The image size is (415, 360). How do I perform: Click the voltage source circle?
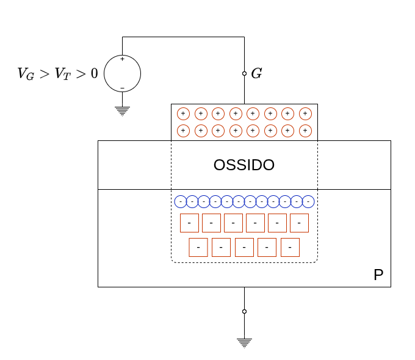[122, 73]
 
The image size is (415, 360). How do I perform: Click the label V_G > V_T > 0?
[57, 74]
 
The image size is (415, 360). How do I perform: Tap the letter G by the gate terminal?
[256, 74]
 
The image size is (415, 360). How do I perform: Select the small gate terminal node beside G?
[244, 73]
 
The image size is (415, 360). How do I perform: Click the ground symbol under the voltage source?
[122, 110]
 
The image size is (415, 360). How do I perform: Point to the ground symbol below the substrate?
[244, 342]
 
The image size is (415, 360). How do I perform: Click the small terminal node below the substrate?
[244, 311]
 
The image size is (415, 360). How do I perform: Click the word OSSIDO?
[244, 165]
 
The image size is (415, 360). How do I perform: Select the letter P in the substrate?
[378, 275]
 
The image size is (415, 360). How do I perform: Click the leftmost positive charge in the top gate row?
[183, 113]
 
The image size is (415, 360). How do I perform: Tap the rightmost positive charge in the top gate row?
[305, 113]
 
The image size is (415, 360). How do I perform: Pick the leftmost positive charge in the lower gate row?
[183, 131]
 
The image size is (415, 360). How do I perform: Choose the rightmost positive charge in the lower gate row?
[305, 131]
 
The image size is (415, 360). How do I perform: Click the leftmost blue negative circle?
[181, 201]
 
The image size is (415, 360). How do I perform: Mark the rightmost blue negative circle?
[308, 201]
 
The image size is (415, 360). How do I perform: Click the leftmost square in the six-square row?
[189, 223]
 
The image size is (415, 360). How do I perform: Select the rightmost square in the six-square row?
[299, 223]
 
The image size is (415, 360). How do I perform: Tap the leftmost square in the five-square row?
[198, 247]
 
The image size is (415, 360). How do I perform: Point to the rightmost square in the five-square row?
[290, 247]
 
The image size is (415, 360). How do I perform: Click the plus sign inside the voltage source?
[122, 59]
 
